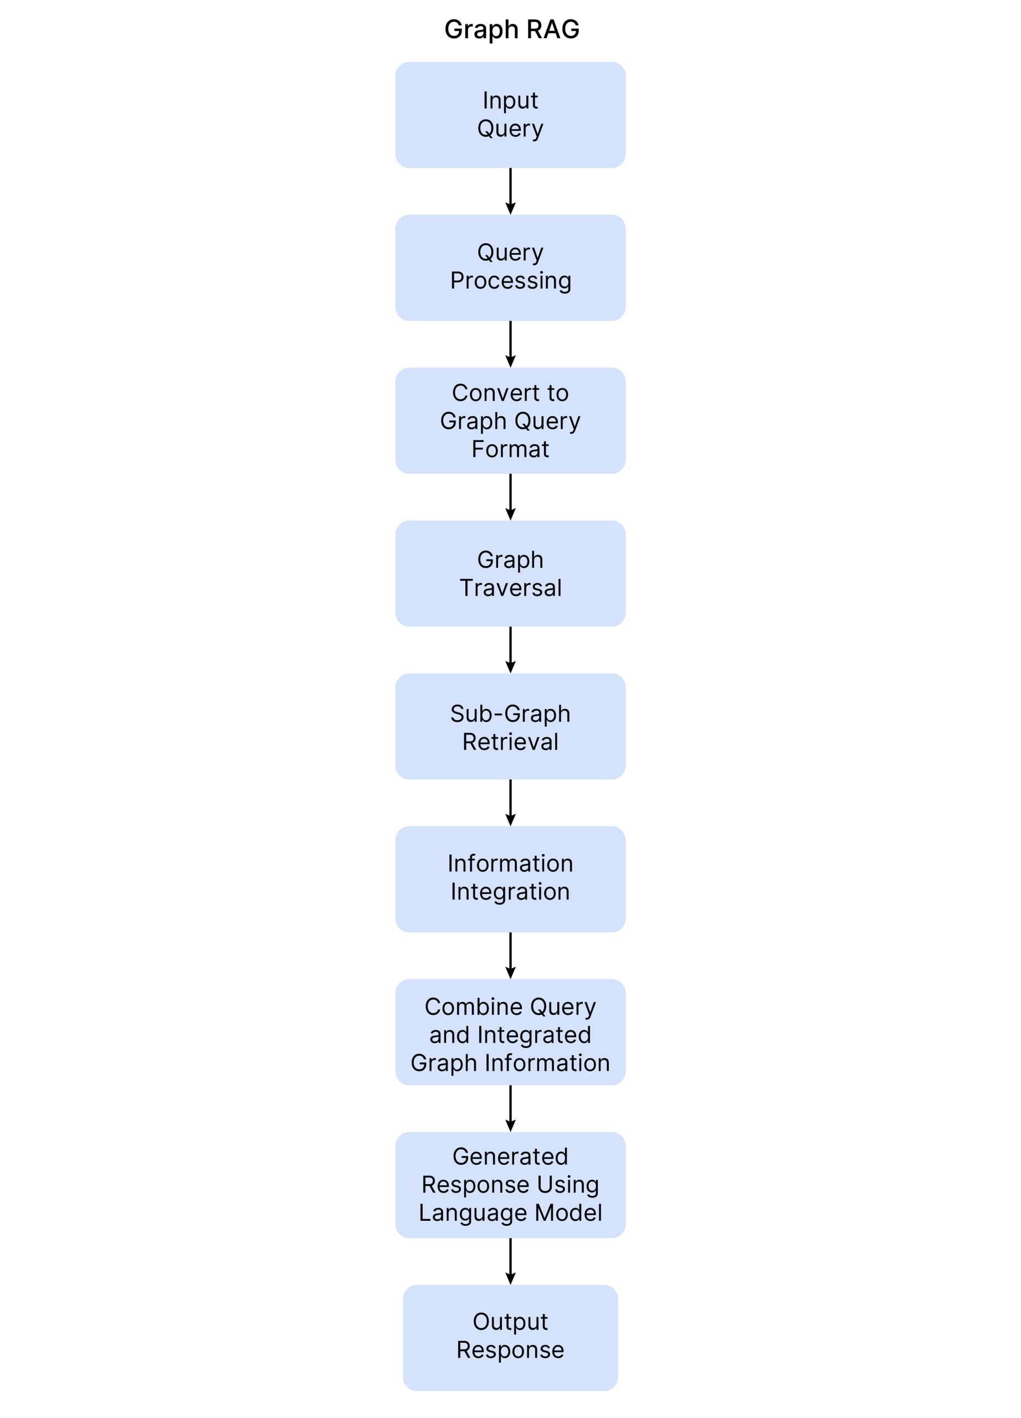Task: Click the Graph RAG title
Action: pyautogui.click(x=511, y=29)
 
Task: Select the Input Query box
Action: pyautogui.click(x=510, y=115)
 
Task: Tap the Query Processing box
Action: pyautogui.click(x=510, y=268)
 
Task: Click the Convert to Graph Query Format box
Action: pyautogui.click(x=510, y=420)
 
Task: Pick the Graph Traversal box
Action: pyautogui.click(x=510, y=573)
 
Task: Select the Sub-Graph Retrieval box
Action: pyautogui.click(x=510, y=727)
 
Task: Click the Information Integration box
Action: pyautogui.click(x=510, y=879)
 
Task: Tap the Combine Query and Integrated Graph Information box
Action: pyautogui.click(x=510, y=1032)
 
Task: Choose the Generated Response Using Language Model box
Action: pyautogui.click(x=510, y=1185)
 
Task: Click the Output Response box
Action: pyautogui.click(x=510, y=1338)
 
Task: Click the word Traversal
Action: pyautogui.click(x=510, y=588)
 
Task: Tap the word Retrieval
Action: pyautogui.click(x=510, y=742)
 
